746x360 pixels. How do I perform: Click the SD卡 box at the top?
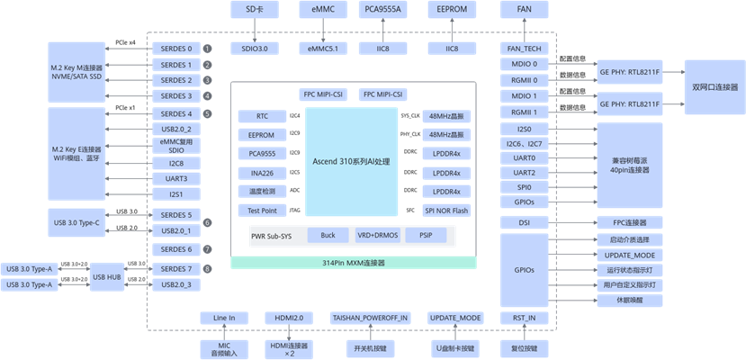pyautogui.click(x=255, y=10)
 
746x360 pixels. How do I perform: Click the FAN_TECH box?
pyautogui.click(x=525, y=48)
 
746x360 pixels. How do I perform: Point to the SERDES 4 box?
pyautogui.click(x=176, y=114)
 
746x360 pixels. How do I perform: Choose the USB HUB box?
pyautogui.click(x=109, y=277)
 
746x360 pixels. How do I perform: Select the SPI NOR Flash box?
pyautogui.click(x=447, y=211)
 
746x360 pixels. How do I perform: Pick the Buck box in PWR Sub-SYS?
pyautogui.click(x=328, y=235)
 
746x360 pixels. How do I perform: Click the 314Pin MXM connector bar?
pyautogui.click(x=353, y=262)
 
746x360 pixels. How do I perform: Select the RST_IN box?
pyautogui.click(x=524, y=318)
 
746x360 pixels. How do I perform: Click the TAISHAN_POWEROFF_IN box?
pyautogui.click(x=370, y=318)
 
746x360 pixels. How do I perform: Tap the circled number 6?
pyautogui.click(x=208, y=222)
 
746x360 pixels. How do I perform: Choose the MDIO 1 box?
pyautogui.click(x=525, y=95)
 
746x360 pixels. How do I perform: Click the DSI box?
pyautogui.click(x=525, y=222)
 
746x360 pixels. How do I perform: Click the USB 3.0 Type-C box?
pyautogui.click(x=81, y=222)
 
